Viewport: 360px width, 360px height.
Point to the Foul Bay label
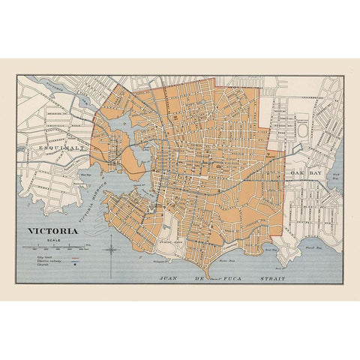(x=271, y=245)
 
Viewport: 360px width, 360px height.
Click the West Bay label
(x=84, y=173)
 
